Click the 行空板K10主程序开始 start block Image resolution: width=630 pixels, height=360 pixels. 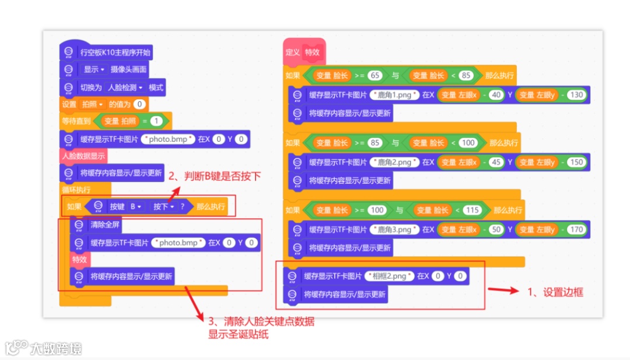coord(114,52)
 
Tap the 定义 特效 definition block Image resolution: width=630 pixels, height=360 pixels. coord(304,52)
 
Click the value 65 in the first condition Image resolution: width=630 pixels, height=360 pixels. coord(375,75)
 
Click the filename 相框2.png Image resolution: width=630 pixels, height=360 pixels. coord(389,276)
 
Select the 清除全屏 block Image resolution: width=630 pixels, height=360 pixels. coord(106,225)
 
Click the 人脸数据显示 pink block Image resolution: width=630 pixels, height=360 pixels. coord(84,156)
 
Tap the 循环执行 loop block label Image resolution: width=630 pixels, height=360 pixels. coord(76,190)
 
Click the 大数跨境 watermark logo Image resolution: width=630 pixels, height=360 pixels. coord(43,349)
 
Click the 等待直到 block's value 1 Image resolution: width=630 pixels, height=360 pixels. coord(156,121)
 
